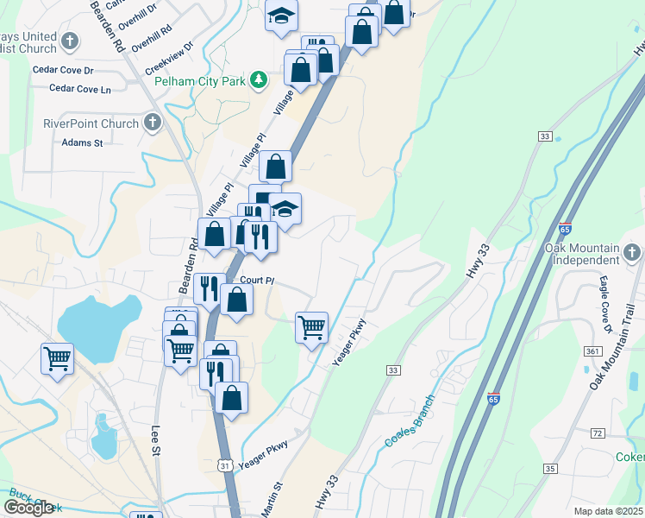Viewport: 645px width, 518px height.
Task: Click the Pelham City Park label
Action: [201, 81]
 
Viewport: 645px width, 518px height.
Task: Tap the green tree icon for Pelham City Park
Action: [258, 80]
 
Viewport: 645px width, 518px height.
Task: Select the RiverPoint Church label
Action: [91, 123]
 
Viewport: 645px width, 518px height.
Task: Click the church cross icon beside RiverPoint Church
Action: [153, 122]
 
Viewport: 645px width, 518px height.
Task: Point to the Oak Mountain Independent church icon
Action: [633, 253]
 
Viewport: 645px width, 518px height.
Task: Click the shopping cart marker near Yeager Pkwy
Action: [311, 328]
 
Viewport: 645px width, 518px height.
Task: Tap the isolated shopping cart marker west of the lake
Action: [57, 357]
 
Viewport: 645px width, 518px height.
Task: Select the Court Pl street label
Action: [257, 281]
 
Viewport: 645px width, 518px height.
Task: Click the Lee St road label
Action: [156, 439]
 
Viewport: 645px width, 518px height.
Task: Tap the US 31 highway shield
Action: [222, 465]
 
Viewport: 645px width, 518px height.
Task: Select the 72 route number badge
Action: [597, 432]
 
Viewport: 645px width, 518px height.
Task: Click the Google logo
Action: [28, 508]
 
